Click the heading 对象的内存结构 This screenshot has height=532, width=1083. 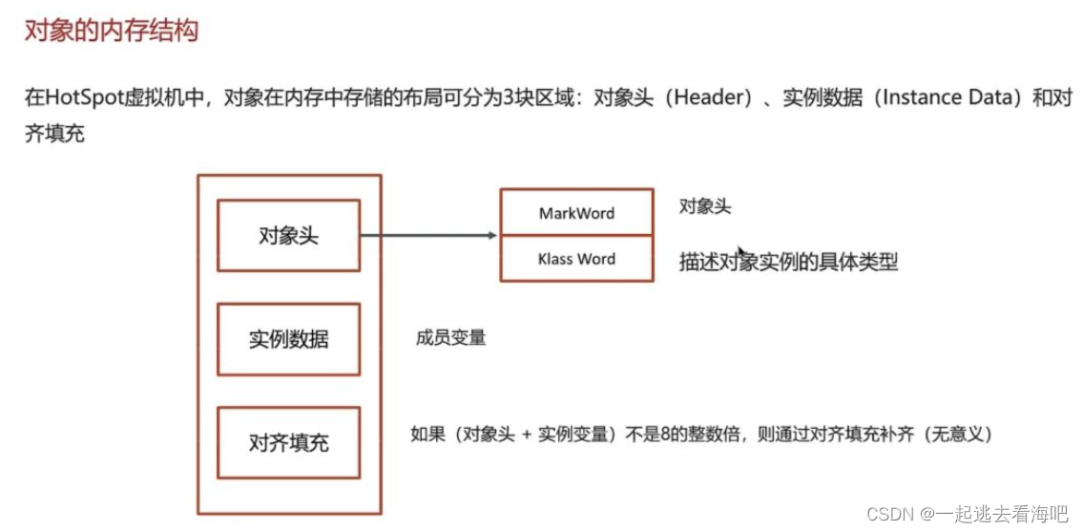[111, 31]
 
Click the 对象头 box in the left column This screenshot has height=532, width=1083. [288, 236]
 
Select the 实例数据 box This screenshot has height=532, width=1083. [288, 339]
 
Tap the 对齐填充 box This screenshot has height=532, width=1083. [288, 443]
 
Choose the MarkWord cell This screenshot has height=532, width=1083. [576, 213]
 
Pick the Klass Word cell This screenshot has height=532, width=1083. [576, 259]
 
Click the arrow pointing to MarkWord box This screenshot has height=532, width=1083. [429, 236]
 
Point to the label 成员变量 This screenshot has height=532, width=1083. [450, 337]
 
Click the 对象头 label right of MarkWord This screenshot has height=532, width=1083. [705, 206]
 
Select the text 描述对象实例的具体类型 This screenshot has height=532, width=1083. [788, 262]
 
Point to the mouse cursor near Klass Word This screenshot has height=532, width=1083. [741, 251]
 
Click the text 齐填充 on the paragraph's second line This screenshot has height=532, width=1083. [54, 134]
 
